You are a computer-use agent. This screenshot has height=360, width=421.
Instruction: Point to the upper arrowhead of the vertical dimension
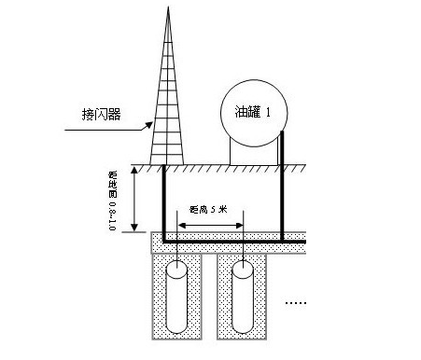pos(137,171)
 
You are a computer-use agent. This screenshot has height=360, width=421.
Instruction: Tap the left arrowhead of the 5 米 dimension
pos(171,225)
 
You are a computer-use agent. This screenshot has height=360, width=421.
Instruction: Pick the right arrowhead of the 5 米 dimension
pos(240,225)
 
